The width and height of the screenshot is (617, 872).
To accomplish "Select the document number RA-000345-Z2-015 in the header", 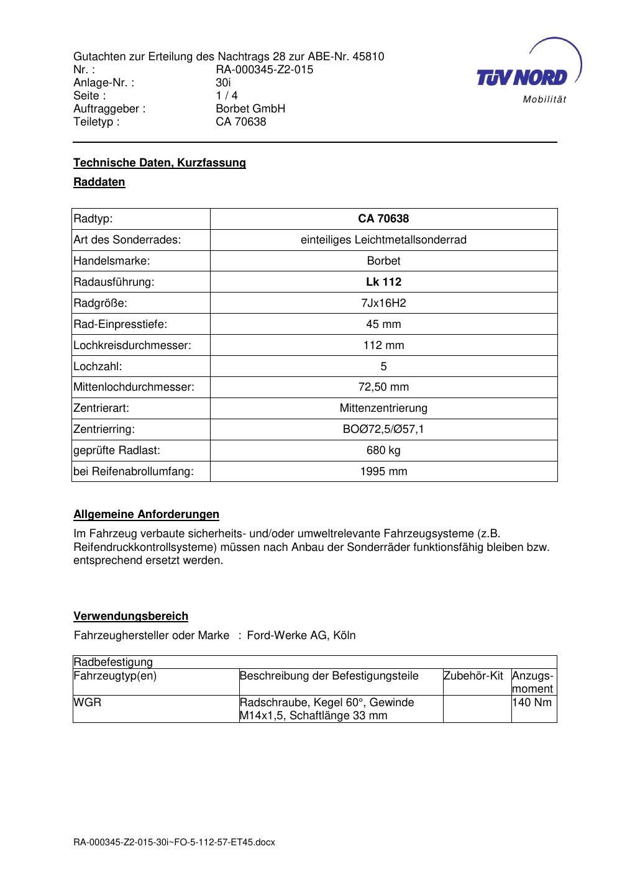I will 264,70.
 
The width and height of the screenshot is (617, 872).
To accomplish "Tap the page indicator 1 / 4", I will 226,96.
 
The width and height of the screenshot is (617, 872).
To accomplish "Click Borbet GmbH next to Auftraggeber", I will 250,109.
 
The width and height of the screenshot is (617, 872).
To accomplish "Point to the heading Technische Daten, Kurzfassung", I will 160,163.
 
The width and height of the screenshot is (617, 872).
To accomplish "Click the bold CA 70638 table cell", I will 383,219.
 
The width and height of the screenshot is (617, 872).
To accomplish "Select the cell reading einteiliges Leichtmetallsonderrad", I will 383,240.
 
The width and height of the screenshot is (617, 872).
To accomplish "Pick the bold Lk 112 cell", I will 383,282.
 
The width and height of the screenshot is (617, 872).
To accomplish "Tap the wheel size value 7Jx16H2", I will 383,303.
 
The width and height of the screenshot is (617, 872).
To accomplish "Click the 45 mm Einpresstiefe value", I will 383,324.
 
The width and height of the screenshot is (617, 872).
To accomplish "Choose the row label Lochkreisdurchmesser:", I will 132,345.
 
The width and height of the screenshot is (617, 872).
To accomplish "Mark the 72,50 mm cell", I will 383,388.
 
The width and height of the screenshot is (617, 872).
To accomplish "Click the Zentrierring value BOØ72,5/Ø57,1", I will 383,429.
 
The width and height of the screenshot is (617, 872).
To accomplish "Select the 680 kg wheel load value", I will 383,450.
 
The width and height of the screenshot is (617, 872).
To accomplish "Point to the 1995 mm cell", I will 383,471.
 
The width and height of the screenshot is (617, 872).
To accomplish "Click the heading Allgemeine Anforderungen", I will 146,514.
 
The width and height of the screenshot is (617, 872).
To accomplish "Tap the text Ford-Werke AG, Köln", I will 301,635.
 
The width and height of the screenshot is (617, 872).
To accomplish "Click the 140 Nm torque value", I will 532,702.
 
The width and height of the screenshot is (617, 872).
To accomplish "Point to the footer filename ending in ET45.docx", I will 174,842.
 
